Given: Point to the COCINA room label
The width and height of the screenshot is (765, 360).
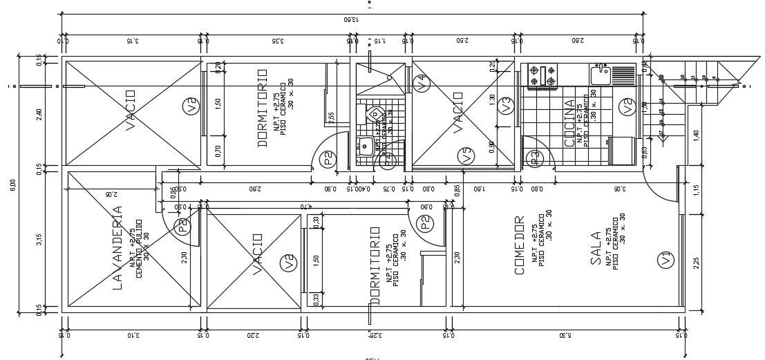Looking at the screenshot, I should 569,122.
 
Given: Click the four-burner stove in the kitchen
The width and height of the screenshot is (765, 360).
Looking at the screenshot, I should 542,75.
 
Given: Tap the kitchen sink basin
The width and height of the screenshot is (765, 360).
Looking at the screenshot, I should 599,71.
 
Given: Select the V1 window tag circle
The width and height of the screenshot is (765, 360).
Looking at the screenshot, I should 665,260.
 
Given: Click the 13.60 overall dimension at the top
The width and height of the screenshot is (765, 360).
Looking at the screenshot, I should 352,19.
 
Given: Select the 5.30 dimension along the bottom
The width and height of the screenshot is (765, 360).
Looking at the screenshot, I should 565,336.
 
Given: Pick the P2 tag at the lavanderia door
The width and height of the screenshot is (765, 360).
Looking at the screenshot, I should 182,227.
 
